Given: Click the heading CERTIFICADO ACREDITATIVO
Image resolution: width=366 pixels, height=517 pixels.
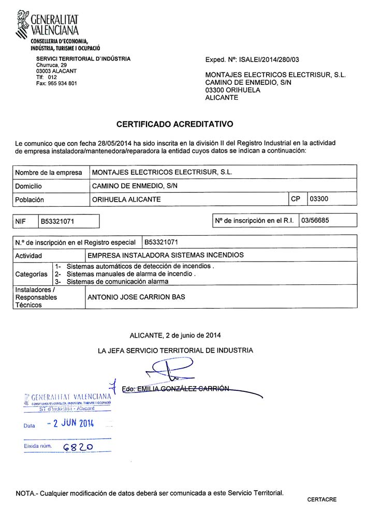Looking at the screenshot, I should point(175,124).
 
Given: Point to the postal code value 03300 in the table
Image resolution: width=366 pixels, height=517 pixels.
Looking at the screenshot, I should point(318,199).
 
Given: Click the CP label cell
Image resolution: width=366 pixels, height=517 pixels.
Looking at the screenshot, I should point(296,199).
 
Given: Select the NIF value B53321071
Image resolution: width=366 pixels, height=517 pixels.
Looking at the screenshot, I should point(57,221).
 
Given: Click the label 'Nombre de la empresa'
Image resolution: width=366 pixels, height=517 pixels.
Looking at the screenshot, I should point(49,172).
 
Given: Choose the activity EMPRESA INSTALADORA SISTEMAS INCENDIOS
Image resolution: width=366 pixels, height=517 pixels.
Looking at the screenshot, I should point(166,255).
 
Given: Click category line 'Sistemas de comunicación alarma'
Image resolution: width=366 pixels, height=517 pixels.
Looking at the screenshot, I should point(118,282).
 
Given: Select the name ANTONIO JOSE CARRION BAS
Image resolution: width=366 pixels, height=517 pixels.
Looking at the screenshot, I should point(136,297).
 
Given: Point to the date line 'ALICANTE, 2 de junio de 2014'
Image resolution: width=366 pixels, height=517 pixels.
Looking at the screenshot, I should point(175,334).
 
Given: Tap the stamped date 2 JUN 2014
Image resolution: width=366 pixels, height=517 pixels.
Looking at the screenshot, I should point(70,423).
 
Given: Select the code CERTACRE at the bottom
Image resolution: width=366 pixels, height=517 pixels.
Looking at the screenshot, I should point(321,499).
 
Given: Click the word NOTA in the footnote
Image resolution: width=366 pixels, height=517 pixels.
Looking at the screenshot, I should point(25,493).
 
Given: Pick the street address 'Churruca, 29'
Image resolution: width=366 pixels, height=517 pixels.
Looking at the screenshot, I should point(51,65).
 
